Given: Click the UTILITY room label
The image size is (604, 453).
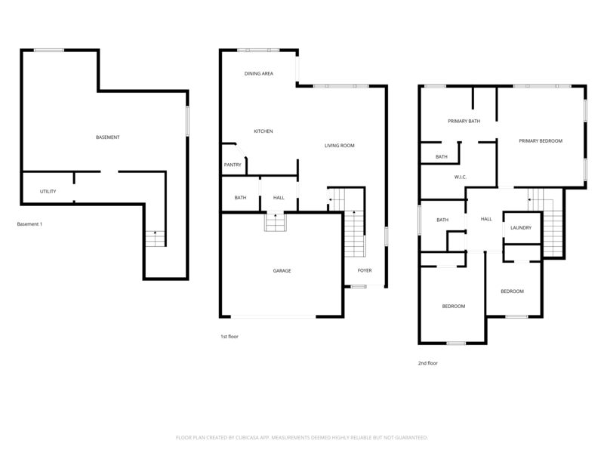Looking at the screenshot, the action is pos(48,192).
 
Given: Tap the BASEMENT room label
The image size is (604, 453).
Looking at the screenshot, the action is pos(107,137).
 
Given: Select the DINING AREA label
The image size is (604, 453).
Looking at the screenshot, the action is pos(259,73).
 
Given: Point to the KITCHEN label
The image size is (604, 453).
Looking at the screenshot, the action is pos(263,131).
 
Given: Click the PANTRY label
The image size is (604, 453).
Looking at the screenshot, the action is pos(233,165).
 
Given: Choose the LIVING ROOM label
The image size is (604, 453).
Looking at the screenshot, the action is pos(339,146).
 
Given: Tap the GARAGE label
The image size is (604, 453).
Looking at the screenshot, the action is pos(282,271).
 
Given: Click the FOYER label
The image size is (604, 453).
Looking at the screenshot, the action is pos(365,270).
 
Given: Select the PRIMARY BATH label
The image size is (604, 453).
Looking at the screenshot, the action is pos(464,121).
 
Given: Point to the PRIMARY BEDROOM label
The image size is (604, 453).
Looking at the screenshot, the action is pos(541,141).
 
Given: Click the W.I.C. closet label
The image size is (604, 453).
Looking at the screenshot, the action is pos(461,177).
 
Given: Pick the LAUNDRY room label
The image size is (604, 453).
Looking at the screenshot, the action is pos(521,228).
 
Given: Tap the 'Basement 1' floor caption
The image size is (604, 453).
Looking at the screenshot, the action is pos(29,224).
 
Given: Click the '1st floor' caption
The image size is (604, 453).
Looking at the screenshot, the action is pos(230,337).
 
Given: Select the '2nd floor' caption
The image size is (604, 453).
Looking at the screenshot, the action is pos(428,363).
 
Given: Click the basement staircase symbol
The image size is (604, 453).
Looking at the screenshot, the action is pos(156,239).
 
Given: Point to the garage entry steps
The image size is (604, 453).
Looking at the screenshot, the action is pos(275,222).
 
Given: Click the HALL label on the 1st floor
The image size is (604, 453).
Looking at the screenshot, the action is pos(279,198).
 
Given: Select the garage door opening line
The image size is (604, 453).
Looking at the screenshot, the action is pos(273,316).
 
